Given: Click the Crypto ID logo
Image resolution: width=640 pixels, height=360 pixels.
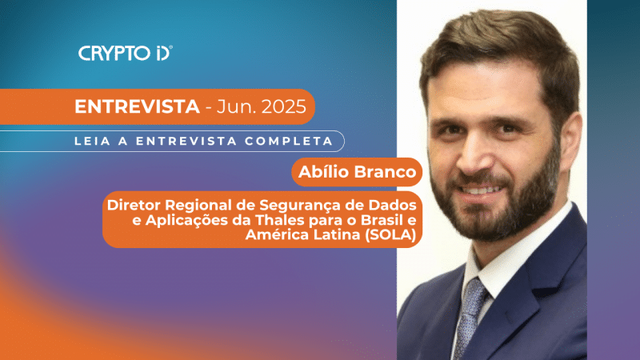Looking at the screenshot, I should [x=126, y=53].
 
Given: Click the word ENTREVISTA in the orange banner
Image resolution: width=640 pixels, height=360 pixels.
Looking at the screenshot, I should [x=136, y=107].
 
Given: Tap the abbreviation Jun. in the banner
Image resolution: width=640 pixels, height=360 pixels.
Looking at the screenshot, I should [x=233, y=107].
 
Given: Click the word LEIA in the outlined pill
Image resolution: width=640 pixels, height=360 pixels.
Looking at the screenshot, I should [x=90, y=141].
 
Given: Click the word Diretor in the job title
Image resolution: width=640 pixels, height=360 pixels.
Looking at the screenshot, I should [x=134, y=205].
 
